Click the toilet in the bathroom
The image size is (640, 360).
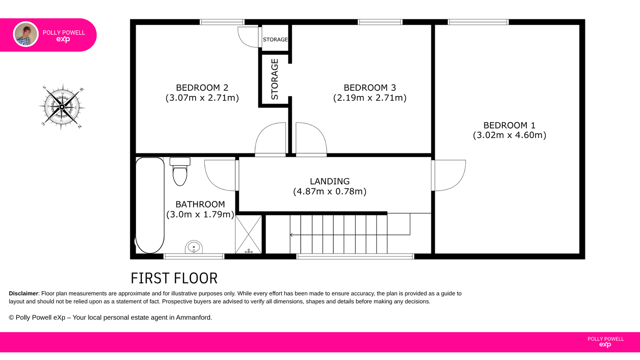pos(180,172)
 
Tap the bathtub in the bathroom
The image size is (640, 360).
pos(150,205)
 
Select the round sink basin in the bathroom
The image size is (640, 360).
pos(194,247)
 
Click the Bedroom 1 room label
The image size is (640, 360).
pos(509,125)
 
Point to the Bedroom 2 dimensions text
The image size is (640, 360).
pos(202,98)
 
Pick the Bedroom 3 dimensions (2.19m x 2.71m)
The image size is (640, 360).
pos(370,98)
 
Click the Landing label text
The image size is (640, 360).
pos(330,181)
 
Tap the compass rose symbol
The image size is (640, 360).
pos(62,107)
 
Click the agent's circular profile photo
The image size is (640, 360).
pos(26,34)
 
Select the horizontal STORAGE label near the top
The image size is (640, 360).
pos(275,40)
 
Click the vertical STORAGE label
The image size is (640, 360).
pos(274,79)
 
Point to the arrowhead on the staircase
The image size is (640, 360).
pos(291,235)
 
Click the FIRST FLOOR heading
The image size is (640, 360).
pos(174,278)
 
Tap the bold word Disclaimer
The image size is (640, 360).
pos(24,294)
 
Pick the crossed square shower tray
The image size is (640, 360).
pos(248,234)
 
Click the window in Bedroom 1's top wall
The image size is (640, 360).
pos(478,22)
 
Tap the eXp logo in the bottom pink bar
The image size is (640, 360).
pos(605,344)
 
